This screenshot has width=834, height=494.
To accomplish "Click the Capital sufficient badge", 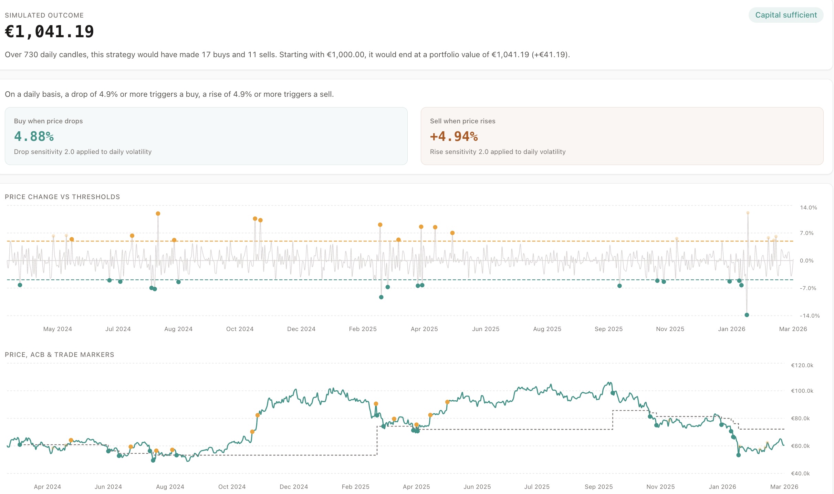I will [x=786, y=15].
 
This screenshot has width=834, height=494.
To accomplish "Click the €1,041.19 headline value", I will [x=49, y=32].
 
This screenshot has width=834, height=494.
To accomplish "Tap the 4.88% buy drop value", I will [x=34, y=136].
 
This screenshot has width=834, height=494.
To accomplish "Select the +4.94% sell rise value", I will [x=454, y=136].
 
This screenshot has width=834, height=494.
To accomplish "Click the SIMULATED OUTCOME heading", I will [x=44, y=16].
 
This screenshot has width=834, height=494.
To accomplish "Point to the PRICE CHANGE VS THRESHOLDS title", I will [x=62, y=197].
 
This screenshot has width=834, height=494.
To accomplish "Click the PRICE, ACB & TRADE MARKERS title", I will [x=59, y=354].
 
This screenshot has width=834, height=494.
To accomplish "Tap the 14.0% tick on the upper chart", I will [x=808, y=207].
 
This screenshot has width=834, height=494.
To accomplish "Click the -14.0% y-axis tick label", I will [x=809, y=316].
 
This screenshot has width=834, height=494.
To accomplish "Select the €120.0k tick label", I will [x=802, y=365].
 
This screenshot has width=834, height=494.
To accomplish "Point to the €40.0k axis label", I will [x=800, y=473].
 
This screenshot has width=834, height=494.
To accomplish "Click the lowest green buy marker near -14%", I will [x=747, y=315].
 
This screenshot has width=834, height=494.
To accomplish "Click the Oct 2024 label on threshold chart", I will [x=240, y=329].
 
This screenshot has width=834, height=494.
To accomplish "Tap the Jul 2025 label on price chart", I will [x=536, y=487].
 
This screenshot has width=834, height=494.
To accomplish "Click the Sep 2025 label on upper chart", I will [x=608, y=329].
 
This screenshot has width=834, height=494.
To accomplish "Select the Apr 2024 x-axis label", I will [x=47, y=487].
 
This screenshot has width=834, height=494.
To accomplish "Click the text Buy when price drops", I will [x=48, y=121].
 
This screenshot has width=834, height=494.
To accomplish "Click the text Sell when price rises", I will [x=462, y=121].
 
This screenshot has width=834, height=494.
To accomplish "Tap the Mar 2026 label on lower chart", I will [x=784, y=487].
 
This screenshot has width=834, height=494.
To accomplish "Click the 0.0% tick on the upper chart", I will [x=806, y=260].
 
